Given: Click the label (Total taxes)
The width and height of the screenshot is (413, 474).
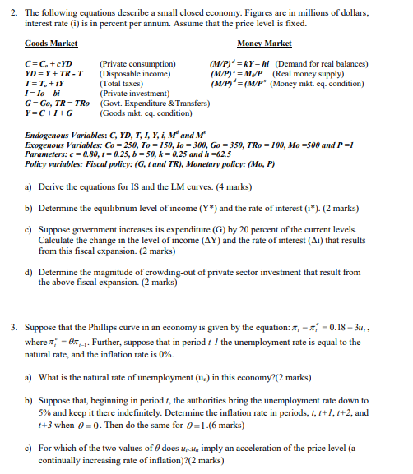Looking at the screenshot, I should click(x=121, y=84).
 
